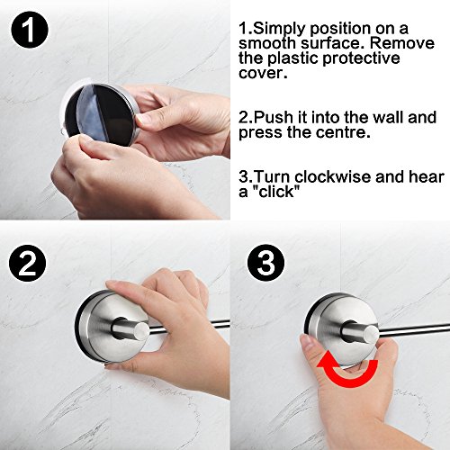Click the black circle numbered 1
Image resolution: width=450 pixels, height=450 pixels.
pyautogui.click(x=30, y=30)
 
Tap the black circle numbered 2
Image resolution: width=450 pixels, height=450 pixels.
pyautogui.click(x=28, y=263)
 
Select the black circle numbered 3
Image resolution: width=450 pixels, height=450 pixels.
pyautogui.click(x=265, y=263)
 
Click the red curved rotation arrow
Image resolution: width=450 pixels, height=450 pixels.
pyautogui.click(x=346, y=371)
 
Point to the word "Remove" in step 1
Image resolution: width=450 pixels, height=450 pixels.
pyautogui.click(x=401, y=43)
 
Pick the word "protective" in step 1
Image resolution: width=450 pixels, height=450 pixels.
pyautogui.click(x=361, y=58)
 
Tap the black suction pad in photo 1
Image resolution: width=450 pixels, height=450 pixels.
pyautogui.click(x=101, y=115)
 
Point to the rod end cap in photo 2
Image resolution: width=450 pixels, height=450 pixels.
pyautogui.click(x=141, y=329)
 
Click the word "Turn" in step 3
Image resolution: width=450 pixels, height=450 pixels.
pyautogui.click(x=273, y=176)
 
